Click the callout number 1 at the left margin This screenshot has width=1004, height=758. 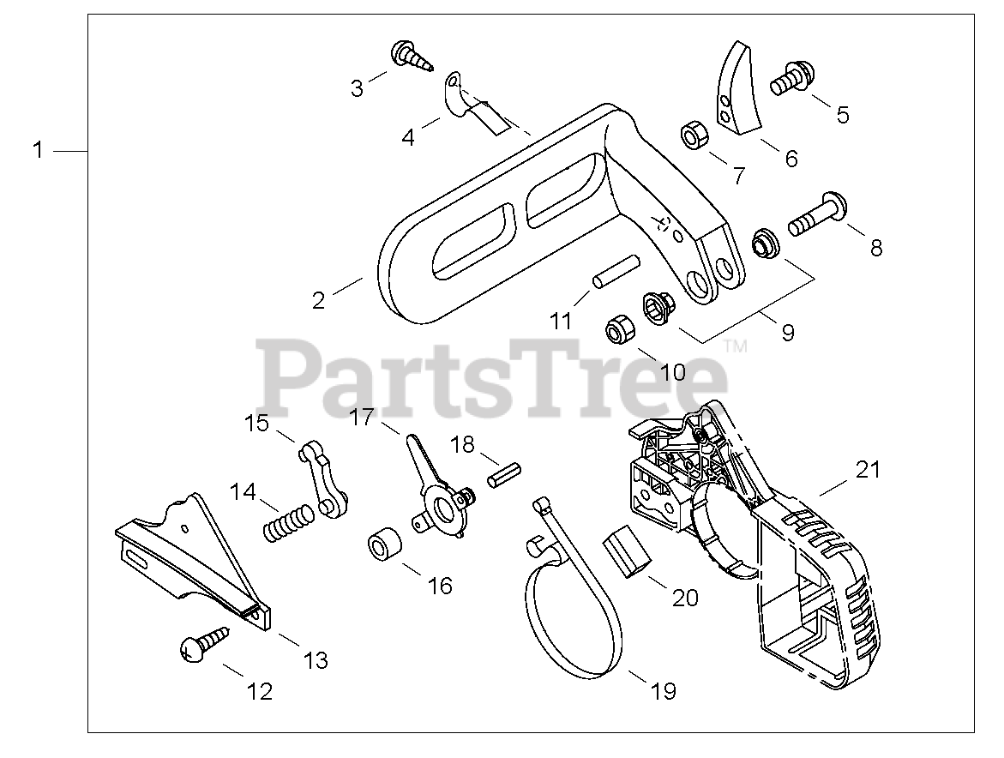pos(37,150)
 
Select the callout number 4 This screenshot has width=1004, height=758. pos(408,136)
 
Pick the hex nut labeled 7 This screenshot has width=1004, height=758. pos(692,135)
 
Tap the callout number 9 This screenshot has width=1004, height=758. pos(787,333)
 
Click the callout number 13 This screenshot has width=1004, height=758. pos(316,660)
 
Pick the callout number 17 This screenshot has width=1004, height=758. pos(362,418)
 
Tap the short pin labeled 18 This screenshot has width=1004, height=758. pos(504,474)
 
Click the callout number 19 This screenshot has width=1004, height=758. pos(664,689)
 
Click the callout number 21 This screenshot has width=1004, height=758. pos(868,469)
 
